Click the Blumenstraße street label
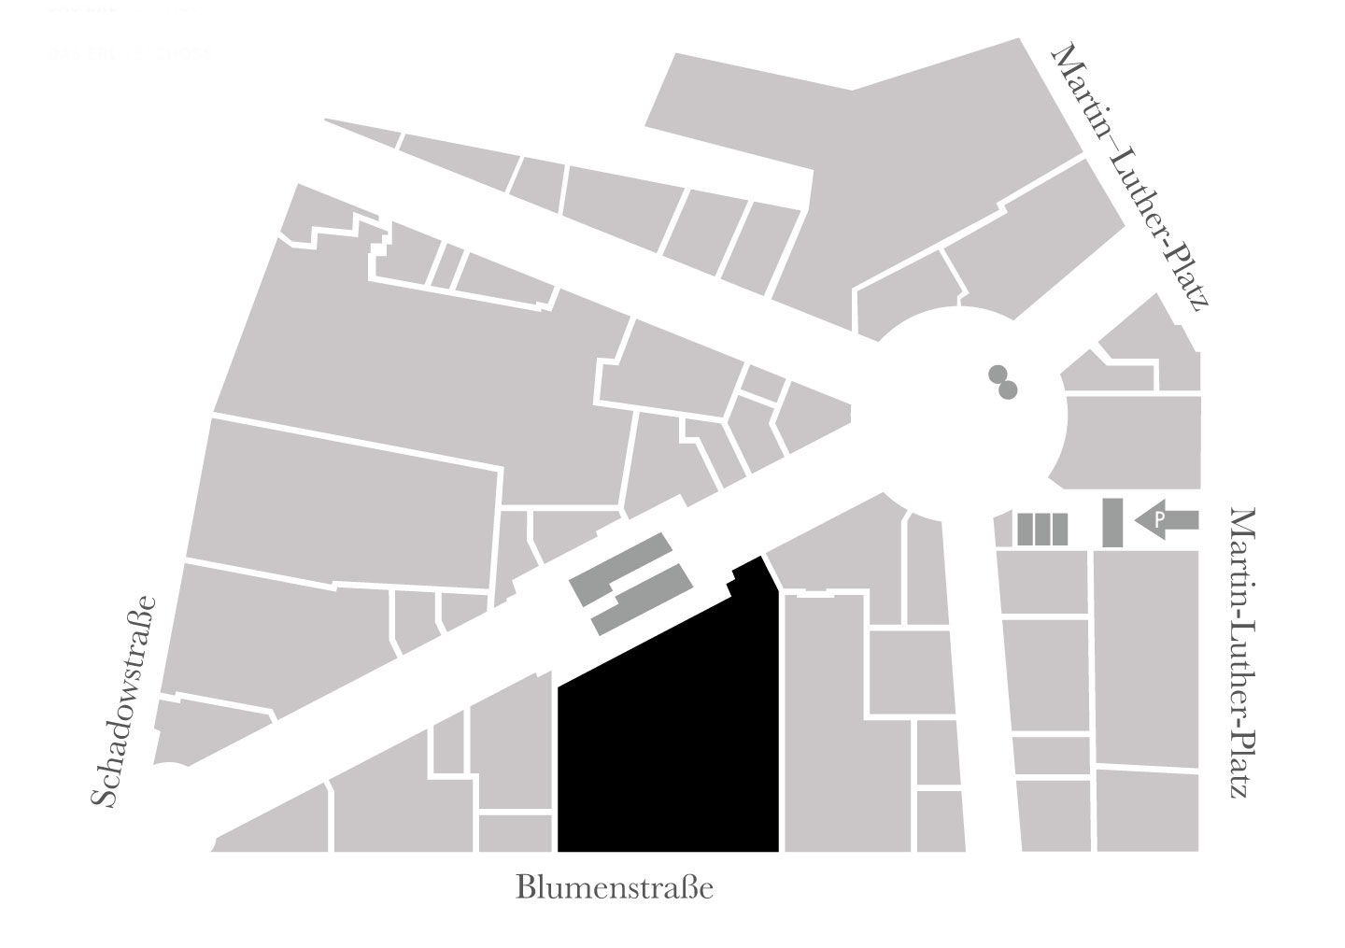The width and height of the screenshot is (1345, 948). click(x=615, y=887)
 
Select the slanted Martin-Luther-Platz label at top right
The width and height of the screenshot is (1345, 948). click(x=1131, y=177)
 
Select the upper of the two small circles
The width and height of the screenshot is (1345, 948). click(x=998, y=375)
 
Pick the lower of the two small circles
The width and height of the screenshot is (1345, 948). click(x=1008, y=389)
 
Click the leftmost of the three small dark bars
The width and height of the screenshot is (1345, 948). click(x=1024, y=530)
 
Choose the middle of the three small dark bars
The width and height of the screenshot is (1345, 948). click(x=1041, y=530)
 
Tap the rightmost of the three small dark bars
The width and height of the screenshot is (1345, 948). click(x=1059, y=530)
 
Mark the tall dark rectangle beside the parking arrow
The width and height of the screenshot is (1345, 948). click(x=1111, y=523)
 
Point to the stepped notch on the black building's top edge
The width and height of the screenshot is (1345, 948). click(x=729, y=585)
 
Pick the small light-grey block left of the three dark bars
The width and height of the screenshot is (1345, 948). click(x=1003, y=530)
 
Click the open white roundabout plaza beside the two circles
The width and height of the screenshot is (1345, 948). click(x=962, y=420)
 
